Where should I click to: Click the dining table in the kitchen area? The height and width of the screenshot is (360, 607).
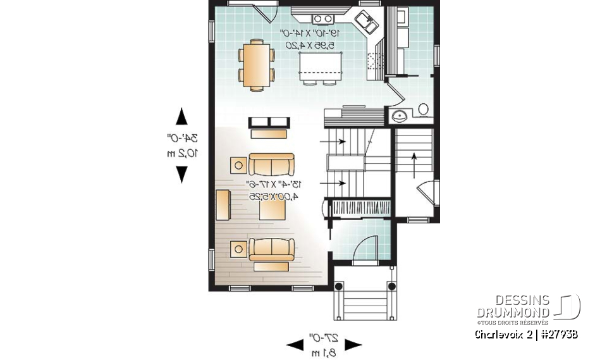(256, 65)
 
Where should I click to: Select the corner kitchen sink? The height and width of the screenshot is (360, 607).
(367, 25)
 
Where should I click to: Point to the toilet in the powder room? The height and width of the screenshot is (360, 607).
(423, 110)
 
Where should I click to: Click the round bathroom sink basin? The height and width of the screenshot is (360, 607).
(399, 115)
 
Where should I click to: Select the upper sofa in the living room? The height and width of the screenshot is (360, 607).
(271, 164)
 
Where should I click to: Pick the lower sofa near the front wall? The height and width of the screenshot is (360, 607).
(271, 249)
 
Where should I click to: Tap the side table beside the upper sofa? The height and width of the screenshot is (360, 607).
(239, 166)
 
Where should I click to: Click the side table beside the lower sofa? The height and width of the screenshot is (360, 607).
(239, 249)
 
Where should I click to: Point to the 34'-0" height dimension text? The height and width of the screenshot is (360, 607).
(183, 138)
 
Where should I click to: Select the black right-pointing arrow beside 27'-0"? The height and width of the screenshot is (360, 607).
(353, 345)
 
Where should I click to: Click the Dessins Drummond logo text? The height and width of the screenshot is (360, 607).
(513, 306)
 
